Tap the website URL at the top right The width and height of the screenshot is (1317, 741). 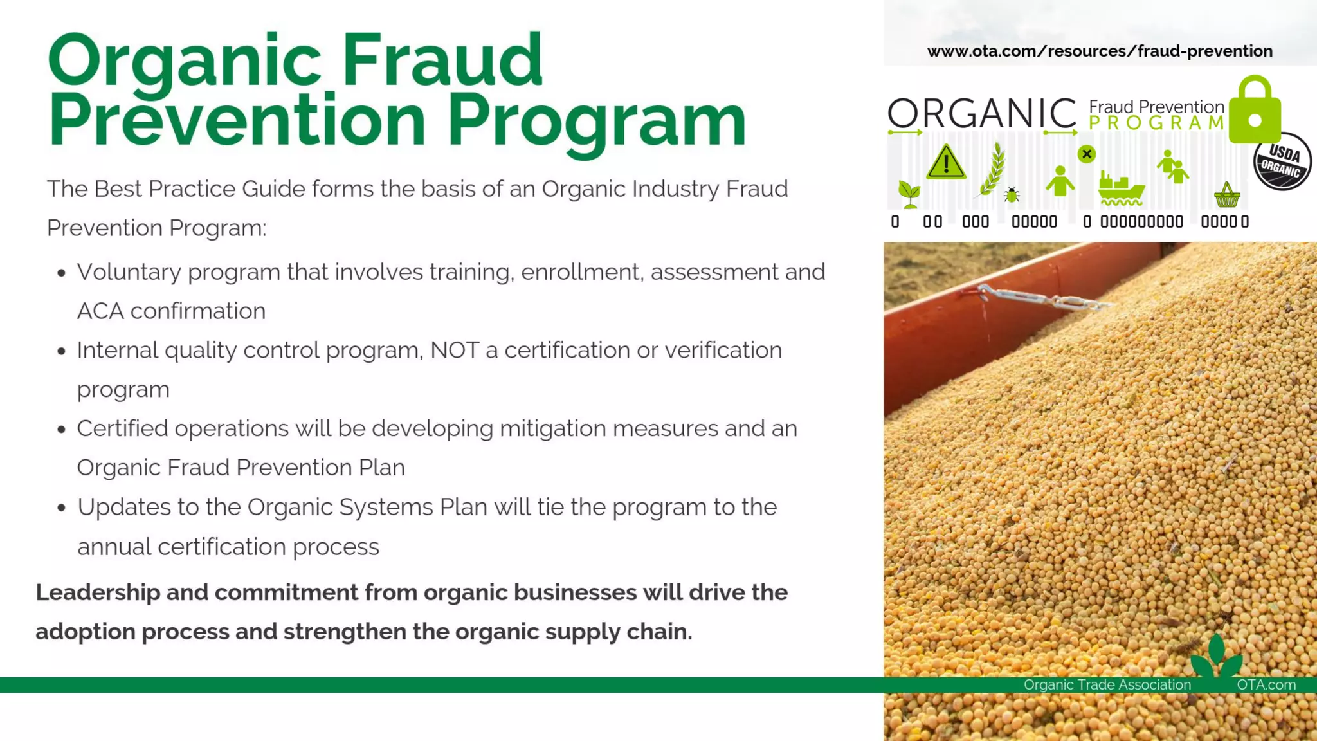pyautogui.click(x=1100, y=51)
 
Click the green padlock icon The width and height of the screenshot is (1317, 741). pyautogui.click(x=1255, y=111)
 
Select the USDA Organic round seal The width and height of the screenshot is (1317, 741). pyautogui.click(x=1282, y=161)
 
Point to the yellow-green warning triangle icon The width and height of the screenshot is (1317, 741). pyautogui.click(x=946, y=162)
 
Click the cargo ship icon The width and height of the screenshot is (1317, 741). pyautogui.click(x=1121, y=188)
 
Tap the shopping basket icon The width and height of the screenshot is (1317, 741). pyautogui.click(x=1226, y=195)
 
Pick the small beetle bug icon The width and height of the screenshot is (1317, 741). pyautogui.click(x=1012, y=194)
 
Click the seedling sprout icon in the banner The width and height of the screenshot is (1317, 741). pyautogui.click(x=909, y=194)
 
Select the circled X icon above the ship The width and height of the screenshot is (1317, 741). pyautogui.click(x=1087, y=154)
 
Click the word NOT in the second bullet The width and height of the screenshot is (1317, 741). pyautogui.click(x=455, y=351)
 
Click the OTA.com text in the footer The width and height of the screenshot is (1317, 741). pyautogui.click(x=1266, y=685)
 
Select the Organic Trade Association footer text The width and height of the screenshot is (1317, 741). pyautogui.click(x=1107, y=685)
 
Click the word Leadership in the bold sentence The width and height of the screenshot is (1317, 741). pyautogui.click(x=98, y=592)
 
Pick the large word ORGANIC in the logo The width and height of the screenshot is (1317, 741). pyautogui.click(x=982, y=114)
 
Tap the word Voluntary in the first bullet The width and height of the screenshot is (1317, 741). pyautogui.click(x=129, y=272)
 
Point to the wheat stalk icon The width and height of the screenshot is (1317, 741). pyautogui.click(x=992, y=169)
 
